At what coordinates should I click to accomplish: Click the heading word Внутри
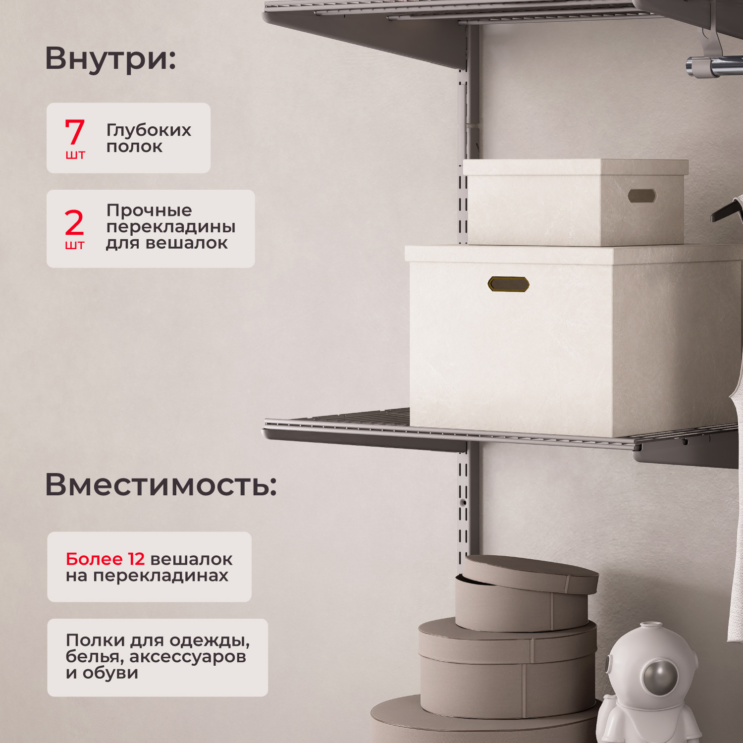click(x=110, y=58)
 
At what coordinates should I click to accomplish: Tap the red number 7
click(x=75, y=132)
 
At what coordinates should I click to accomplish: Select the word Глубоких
click(x=149, y=130)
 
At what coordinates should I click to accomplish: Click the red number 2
click(x=74, y=222)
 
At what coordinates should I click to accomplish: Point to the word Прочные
click(x=149, y=211)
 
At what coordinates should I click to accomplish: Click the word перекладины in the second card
click(x=171, y=227)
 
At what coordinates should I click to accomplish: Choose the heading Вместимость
click(x=160, y=484)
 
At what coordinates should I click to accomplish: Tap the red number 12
click(x=136, y=559)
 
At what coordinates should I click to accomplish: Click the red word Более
click(x=94, y=559)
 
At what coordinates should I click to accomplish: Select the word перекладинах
click(x=160, y=576)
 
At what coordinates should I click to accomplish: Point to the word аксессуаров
click(x=188, y=657)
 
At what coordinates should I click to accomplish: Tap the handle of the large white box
click(x=508, y=284)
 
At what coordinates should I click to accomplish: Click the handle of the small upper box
click(x=642, y=196)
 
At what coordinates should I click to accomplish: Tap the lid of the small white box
click(x=575, y=167)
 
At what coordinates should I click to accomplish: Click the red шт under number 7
click(x=75, y=155)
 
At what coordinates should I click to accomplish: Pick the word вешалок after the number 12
click(x=191, y=559)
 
